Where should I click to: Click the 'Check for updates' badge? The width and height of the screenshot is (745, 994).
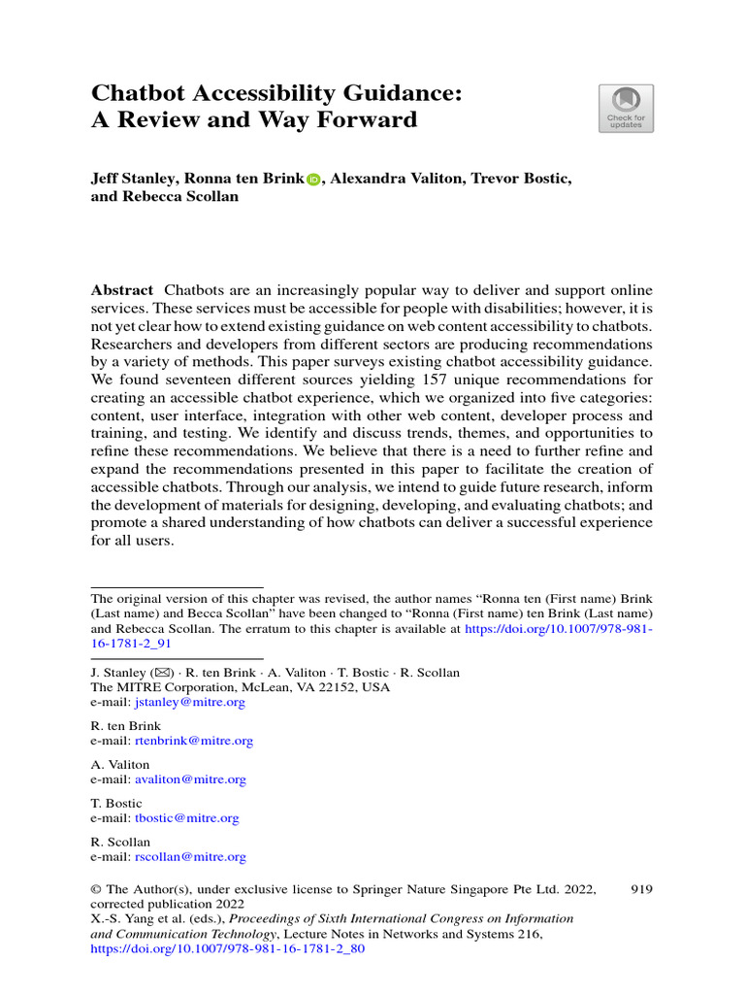point(626,108)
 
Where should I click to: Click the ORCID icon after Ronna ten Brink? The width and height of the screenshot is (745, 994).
point(313,180)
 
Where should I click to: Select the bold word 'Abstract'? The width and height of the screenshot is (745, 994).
point(122,291)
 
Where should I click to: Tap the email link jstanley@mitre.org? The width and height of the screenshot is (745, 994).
point(189,702)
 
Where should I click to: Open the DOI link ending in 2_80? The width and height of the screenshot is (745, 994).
point(227,950)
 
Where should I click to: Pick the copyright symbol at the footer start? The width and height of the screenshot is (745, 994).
point(96,889)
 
